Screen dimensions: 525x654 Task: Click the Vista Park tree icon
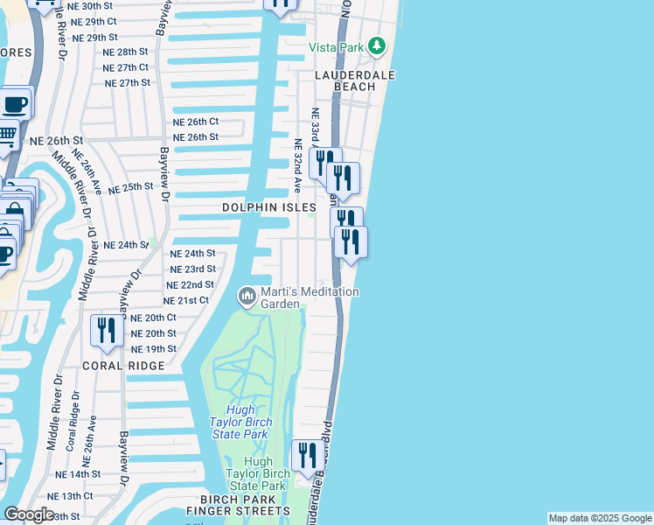tap(377, 45)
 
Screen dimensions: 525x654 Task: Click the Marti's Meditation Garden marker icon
tap(247, 297)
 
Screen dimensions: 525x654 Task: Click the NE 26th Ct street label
tap(195, 122)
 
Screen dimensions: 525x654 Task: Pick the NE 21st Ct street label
tap(186, 300)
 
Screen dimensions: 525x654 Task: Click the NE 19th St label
tap(153, 349)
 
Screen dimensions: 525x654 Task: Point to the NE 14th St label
tap(79, 473)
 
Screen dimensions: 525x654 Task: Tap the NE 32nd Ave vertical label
tap(297, 165)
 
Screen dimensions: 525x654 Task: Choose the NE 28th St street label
tap(125, 52)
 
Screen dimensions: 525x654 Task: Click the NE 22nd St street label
tap(190, 285)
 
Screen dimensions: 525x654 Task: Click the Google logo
tap(29, 514)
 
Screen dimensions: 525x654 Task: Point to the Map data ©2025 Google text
tap(600, 518)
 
